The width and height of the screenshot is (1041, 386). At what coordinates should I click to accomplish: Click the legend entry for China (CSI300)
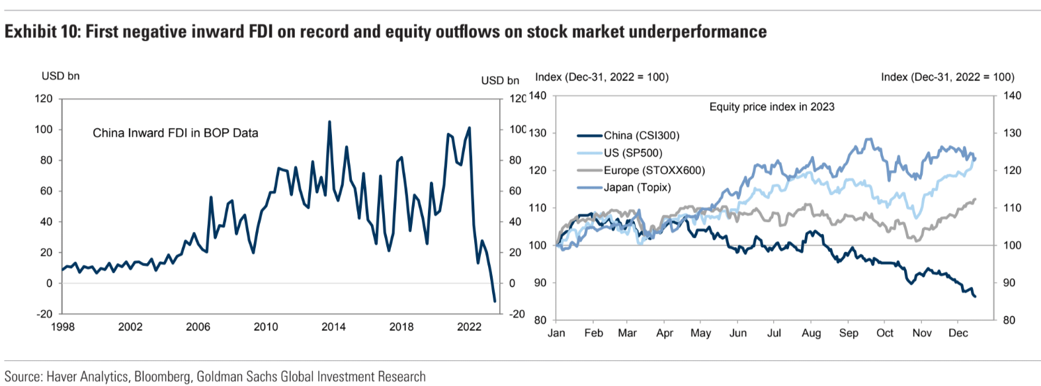click(x=641, y=135)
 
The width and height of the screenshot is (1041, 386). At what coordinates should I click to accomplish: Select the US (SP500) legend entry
click(x=633, y=153)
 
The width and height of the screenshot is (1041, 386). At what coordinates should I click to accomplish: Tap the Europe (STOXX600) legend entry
click(x=654, y=171)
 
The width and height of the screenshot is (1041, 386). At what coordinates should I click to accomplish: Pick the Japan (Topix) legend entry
click(x=637, y=188)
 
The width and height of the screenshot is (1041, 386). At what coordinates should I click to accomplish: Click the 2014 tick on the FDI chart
click(x=333, y=327)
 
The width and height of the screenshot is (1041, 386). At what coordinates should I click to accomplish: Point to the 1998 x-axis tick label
click(x=63, y=327)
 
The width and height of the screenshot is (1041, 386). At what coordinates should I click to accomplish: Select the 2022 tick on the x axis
click(x=469, y=327)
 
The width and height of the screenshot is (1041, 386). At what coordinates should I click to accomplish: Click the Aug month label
click(x=811, y=333)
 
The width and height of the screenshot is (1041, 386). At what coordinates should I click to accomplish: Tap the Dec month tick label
click(x=958, y=333)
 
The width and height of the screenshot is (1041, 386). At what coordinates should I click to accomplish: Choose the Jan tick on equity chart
click(x=556, y=333)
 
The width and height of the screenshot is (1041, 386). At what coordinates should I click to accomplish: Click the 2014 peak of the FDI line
click(x=329, y=122)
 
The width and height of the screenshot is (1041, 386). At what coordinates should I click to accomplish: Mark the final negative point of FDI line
click(x=495, y=301)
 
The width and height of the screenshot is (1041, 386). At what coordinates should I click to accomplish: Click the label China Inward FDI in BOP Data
click(x=175, y=133)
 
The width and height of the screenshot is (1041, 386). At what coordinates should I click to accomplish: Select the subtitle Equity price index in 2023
click(x=772, y=107)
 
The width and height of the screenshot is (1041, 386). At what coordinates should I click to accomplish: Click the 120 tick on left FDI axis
click(x=44, y=98)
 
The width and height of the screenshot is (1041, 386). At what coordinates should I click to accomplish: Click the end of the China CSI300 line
click(x=975, y=296)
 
